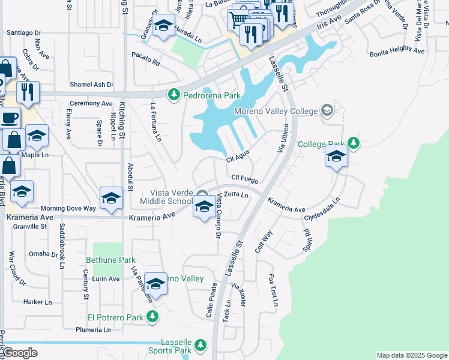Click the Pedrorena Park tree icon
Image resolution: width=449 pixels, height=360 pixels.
pyautogui.click(x=174, y=95)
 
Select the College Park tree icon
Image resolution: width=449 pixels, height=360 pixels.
pyautogui.click(x=354, y=143)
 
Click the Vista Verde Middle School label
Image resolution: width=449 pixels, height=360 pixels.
pyautogui.click(x=166, y=196)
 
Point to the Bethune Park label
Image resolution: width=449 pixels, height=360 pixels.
pyautogui.click(x=110, y=260)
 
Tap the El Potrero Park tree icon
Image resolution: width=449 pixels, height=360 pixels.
pyautogui.click(x=152, y=316)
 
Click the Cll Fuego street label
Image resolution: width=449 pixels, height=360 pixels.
pyautogui.click(x=245, y=179)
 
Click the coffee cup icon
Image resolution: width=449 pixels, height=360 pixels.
pyautogui.click(x=8, y=118)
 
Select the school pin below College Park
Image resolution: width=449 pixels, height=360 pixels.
pyautogui.click(x=337, y=157)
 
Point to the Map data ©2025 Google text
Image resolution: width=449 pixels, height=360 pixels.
pyautogui.click(x=412, y=355)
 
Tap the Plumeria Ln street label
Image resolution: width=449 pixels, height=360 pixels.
pyautogui.click(x=93, y=330)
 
